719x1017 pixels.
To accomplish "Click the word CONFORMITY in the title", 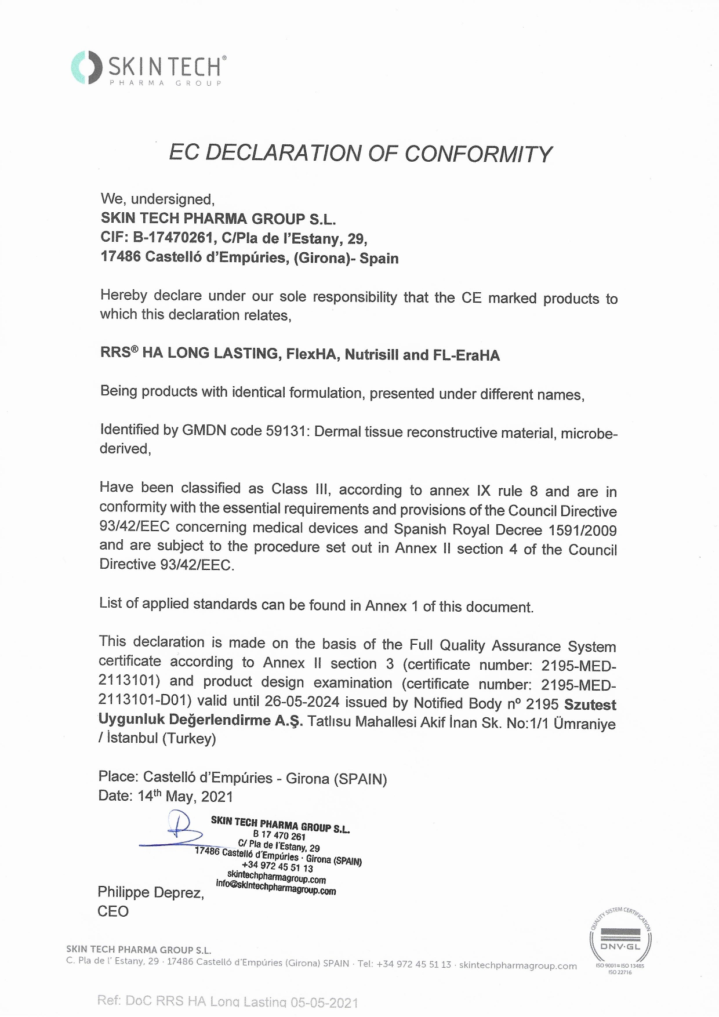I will (x=478, y=154).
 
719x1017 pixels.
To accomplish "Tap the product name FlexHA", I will (x=311, y=354).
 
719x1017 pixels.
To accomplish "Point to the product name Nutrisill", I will (x=372, y=355).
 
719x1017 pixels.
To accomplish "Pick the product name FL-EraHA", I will (x=466, y=355).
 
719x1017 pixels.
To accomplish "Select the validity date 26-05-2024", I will (x=302, y=702).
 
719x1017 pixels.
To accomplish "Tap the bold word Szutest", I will (x=590, y=704).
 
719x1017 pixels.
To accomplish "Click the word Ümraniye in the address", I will (x=584, y=724).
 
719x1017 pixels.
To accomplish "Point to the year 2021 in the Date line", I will (x=217, y=797).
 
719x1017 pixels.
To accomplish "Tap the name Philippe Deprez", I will (x=151, y=892).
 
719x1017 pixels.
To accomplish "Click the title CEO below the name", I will (x=113, y=911).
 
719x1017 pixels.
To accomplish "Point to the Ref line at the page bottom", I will (x=227, y=1001).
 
